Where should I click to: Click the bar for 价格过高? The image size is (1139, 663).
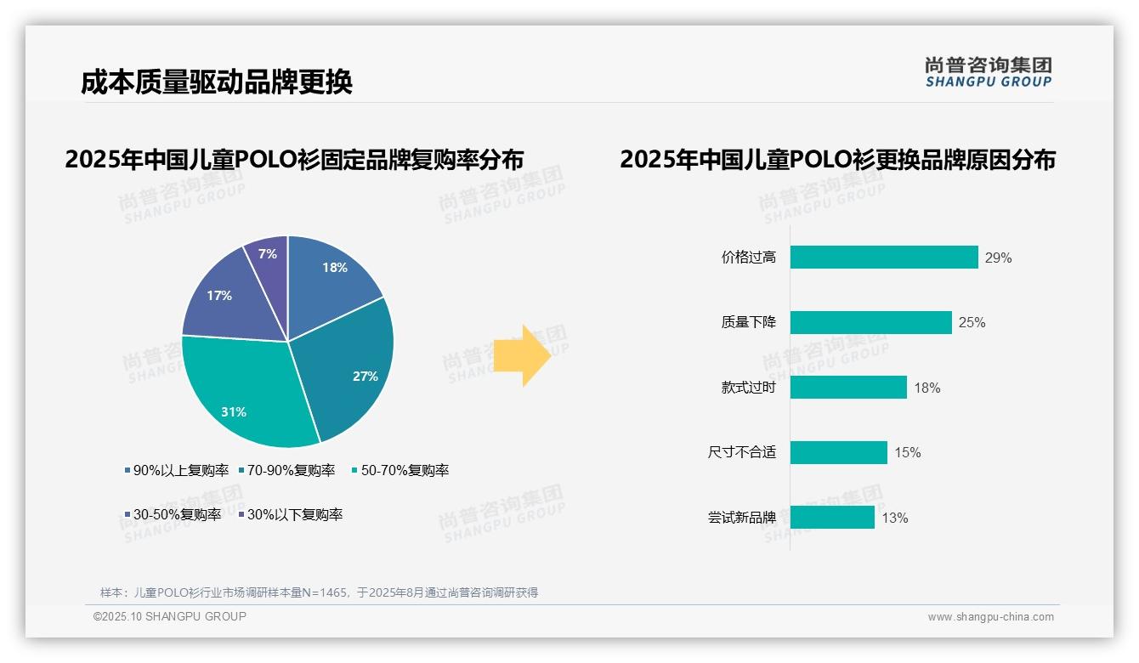[884, 258]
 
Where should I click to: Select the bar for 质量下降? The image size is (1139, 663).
[870, 322]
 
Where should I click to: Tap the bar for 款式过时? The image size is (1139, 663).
[848, 388]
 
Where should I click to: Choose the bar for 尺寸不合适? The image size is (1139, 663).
[838, 452]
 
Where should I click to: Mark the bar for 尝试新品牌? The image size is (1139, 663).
[832, 518]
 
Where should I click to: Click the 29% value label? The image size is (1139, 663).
[998, 258]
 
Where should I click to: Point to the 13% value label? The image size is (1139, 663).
[894, 518]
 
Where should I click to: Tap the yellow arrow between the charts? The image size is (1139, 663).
[522, 355]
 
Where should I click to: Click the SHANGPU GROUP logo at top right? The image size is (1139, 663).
[988, 72]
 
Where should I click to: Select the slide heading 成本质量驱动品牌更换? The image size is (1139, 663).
[217, 82]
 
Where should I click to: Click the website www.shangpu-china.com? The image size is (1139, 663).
[990, 617]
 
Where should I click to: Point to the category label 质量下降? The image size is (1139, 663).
[748, 322]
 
